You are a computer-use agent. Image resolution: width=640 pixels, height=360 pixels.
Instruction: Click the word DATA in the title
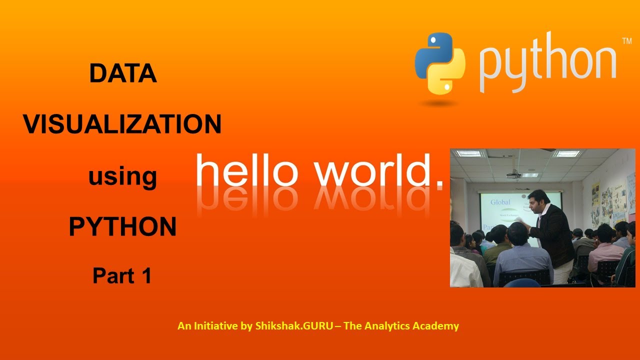[122, 74]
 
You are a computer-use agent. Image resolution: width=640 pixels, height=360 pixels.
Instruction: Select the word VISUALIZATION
[122, 124]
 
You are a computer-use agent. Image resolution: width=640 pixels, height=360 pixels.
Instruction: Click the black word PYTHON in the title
[122, 227]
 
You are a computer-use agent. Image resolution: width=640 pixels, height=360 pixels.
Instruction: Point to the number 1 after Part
[146, 276]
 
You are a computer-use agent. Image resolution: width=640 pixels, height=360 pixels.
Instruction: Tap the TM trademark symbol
[626, 41]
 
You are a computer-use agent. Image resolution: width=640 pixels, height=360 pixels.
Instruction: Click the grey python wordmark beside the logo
[547, 63]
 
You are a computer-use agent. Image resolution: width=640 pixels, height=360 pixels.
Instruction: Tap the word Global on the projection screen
[500, 202]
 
